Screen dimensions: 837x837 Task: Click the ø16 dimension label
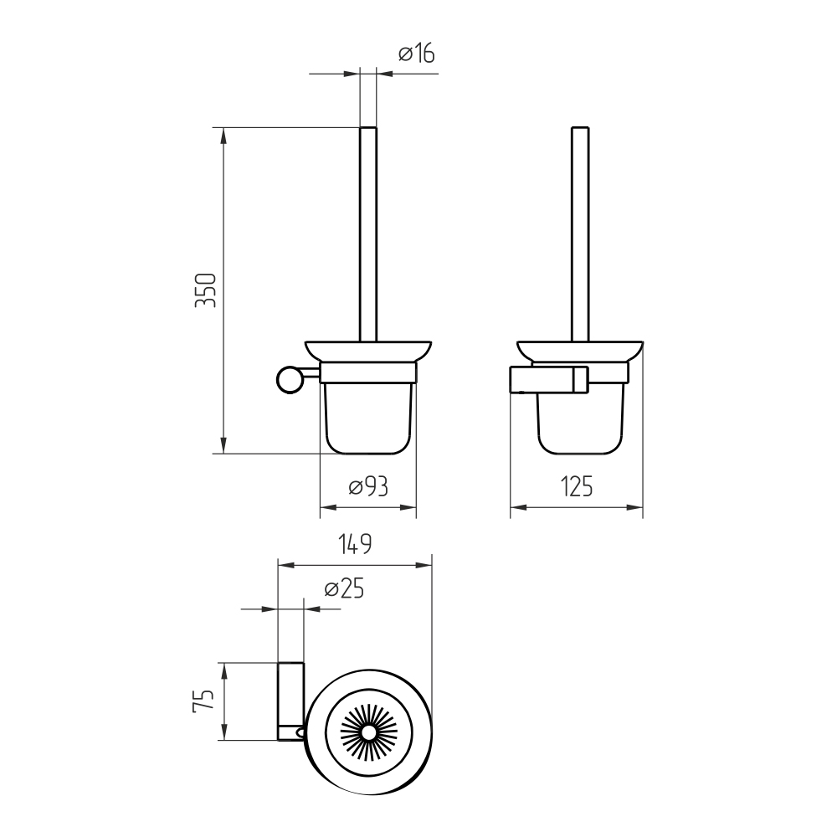click(x=417, y=54)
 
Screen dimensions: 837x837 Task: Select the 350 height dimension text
click(x=206, y=290)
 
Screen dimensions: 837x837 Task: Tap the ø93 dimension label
click(x=368, y=486)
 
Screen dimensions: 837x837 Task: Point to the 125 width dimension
click(x=577, y=486)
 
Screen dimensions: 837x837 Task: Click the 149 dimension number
click(x=355, y=544)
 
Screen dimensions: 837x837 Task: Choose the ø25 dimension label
click(x=344, y=588)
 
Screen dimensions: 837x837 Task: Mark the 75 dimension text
click(x=203, y=701)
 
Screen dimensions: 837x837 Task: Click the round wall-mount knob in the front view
click(x=290, y=379)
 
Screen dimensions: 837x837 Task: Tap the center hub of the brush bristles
click(x=367, y=733)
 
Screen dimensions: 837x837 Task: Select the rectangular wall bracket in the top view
click(x=291, y=701)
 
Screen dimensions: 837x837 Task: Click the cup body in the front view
click(x=367, y=418)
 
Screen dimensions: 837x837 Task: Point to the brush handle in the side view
click(x=580, y=234)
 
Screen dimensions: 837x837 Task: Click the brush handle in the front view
click(x=367, y=234)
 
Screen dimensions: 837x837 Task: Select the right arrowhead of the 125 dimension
click(x=634, y=508)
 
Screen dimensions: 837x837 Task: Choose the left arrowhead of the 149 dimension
click(x=286, y=565)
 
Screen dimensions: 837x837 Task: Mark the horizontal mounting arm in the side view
click(x=549, y=379)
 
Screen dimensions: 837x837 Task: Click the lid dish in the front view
click(x=367, y=352)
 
